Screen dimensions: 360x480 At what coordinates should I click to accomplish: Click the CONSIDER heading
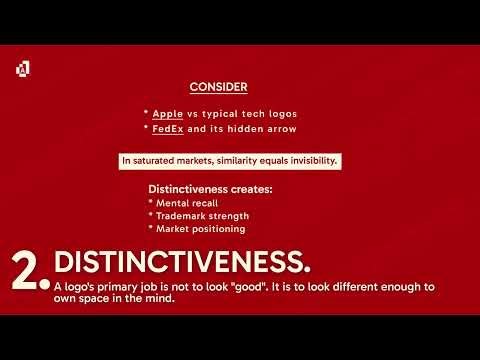tap(219, 87)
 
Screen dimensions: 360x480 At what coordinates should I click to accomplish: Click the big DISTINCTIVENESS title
tap(181, 261)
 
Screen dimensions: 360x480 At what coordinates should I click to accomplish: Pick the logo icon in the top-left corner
tap(23, 68)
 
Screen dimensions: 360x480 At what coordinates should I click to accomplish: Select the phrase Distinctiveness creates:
tap(196, 188)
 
